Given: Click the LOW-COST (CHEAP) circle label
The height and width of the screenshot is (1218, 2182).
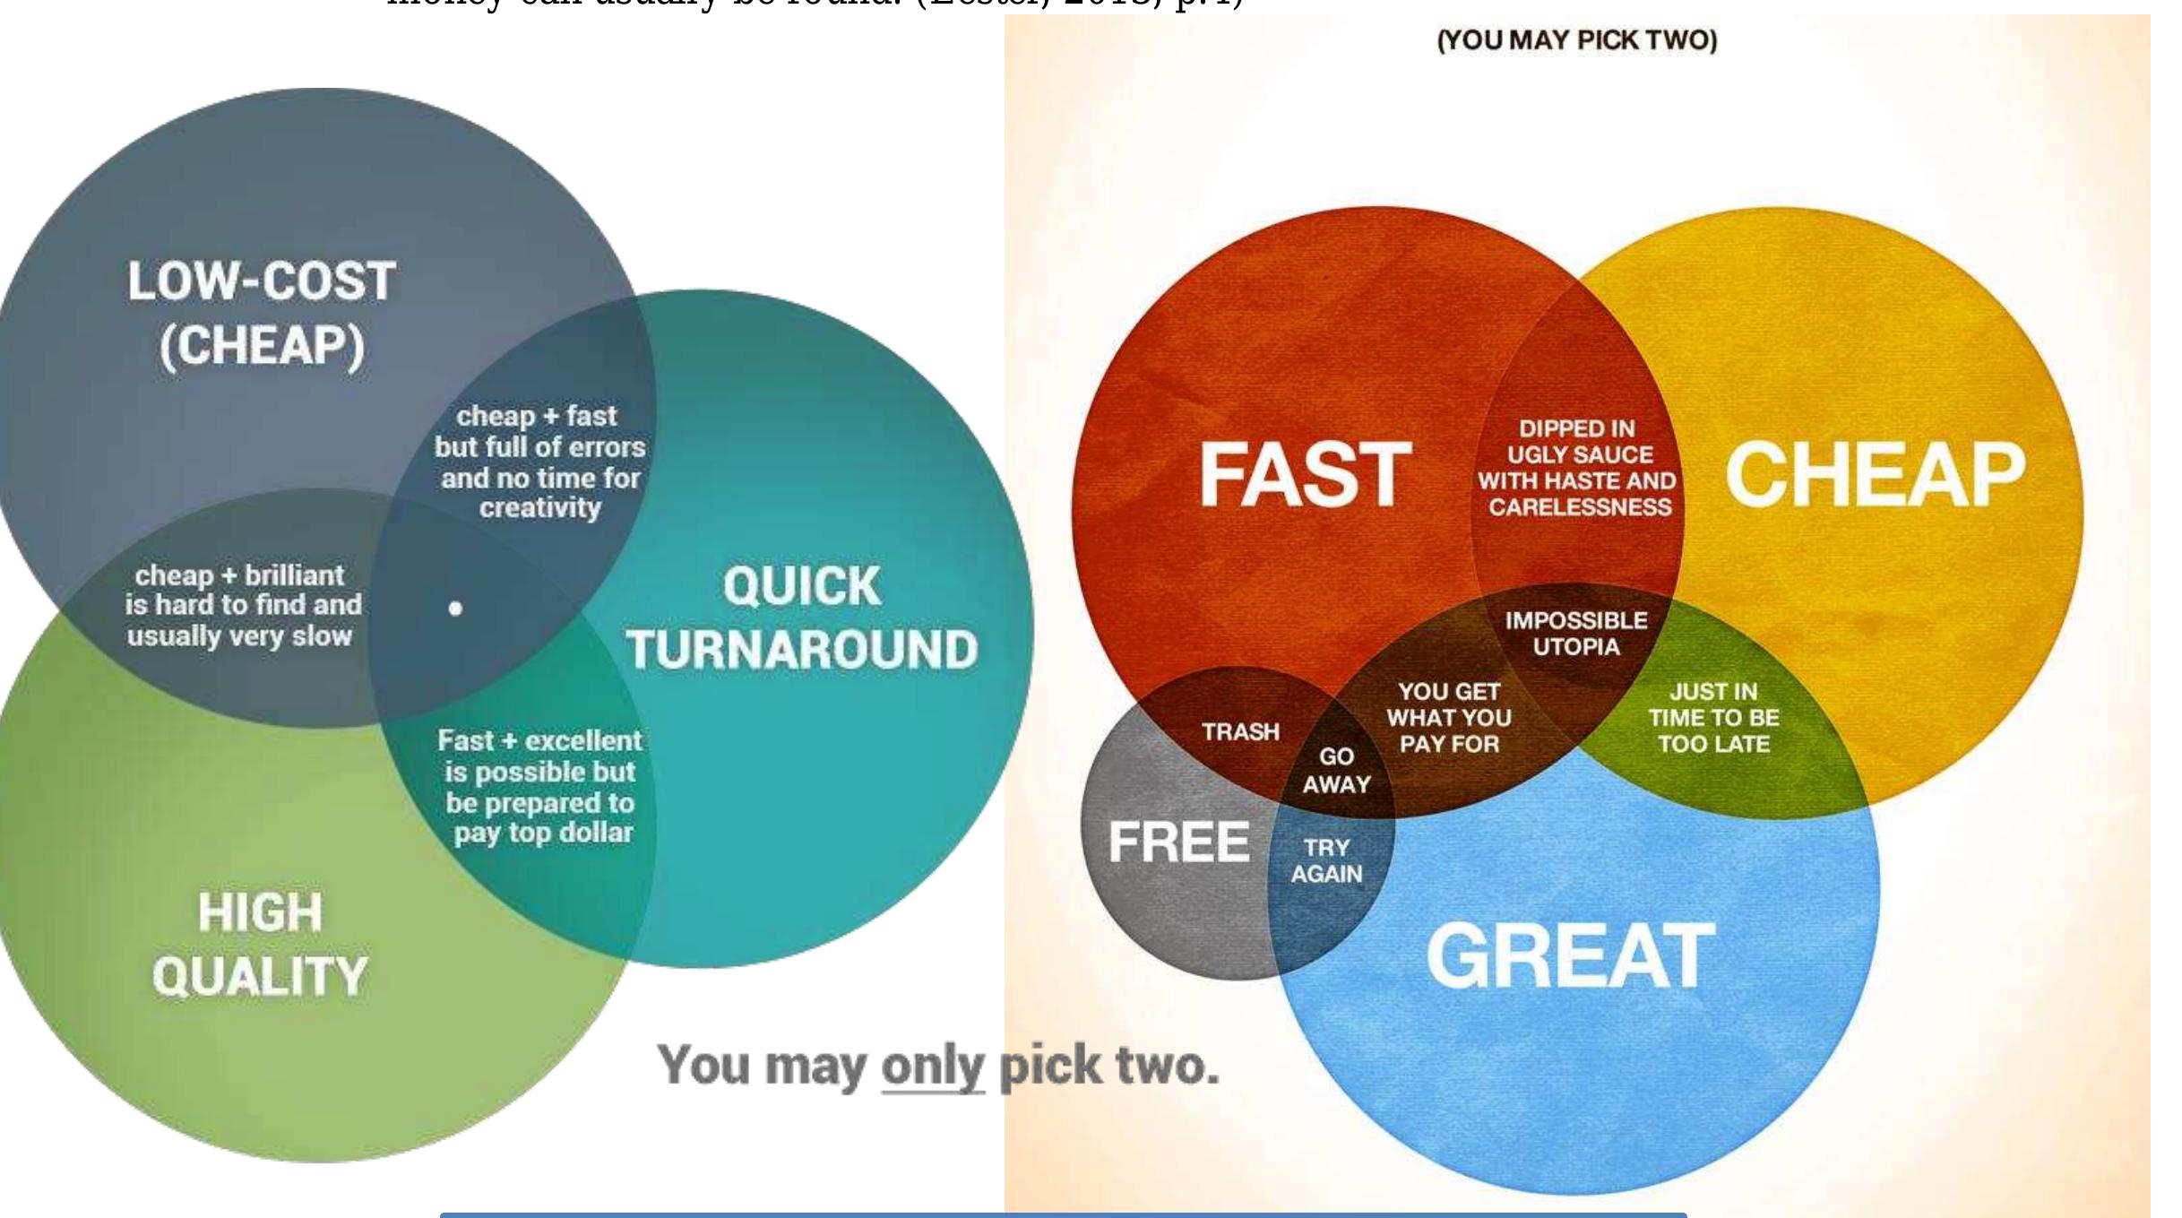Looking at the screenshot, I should click(262, 313).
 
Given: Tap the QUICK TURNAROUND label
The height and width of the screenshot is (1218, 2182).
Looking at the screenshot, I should click(802, 618).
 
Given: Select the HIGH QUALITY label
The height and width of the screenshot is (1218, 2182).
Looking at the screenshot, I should click(260, 944).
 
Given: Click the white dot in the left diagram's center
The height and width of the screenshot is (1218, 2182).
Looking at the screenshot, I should click(455, 609).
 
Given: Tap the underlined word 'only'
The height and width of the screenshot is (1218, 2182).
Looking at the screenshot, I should click(932, 1067).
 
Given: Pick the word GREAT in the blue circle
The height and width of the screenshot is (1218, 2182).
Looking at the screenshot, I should click(1570, 956).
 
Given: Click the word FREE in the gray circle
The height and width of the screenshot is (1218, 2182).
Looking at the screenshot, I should click(1178, 842).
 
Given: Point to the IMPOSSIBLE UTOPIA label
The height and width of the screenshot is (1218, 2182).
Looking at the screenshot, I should click(1576, 633).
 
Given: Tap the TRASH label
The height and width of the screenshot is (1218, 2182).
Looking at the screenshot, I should click(1240, 732).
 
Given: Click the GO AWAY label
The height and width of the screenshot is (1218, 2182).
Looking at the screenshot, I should click(1336, 770).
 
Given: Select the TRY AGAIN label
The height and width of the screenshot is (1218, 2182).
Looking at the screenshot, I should click(1326, 860).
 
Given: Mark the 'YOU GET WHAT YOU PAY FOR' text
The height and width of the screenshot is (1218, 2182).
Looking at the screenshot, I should click(1449, 717).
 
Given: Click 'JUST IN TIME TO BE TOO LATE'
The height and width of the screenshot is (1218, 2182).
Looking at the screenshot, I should click(1713, 717).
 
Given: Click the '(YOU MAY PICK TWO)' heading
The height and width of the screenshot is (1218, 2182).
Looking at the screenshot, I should click(1577, 40).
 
